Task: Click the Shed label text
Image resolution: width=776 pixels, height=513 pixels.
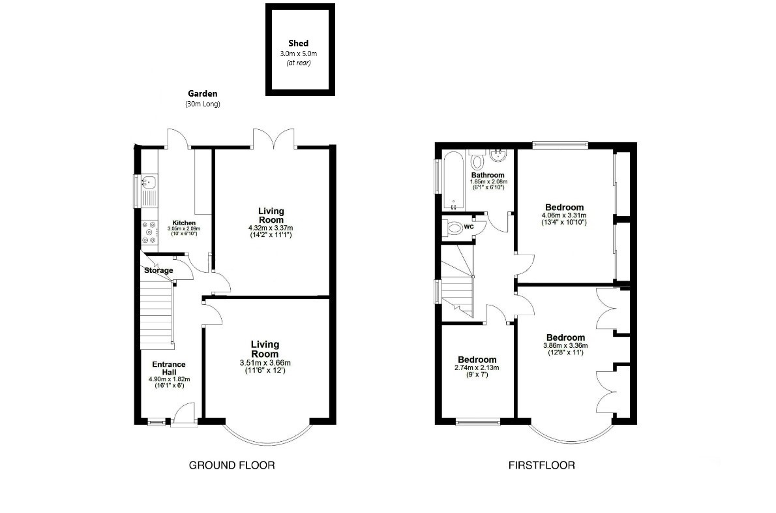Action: pos(298,44)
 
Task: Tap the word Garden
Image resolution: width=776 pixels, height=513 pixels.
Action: pos(203,93)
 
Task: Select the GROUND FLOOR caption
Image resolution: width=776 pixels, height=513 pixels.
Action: pos(231,465)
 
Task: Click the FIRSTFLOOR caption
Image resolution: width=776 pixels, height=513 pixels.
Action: pos(541,465)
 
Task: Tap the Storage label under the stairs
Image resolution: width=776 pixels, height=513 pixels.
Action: pos(158,270)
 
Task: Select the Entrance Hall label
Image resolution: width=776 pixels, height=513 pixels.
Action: pos(169,368)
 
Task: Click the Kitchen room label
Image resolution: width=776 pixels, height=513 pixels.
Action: pos(183,223)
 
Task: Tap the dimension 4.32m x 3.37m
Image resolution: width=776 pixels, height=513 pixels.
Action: pos(271,228)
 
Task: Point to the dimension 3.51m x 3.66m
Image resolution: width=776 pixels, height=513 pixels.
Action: pos(265,363)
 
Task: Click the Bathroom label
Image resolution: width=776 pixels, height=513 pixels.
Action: pos(488,175)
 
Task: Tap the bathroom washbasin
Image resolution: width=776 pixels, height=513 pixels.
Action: pos(499,155)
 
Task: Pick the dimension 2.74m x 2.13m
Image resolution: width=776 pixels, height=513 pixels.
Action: pos(477,367)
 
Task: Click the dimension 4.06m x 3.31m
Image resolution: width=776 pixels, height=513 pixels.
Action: pos(563,215)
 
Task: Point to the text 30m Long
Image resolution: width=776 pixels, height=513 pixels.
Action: pos(203,104)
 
